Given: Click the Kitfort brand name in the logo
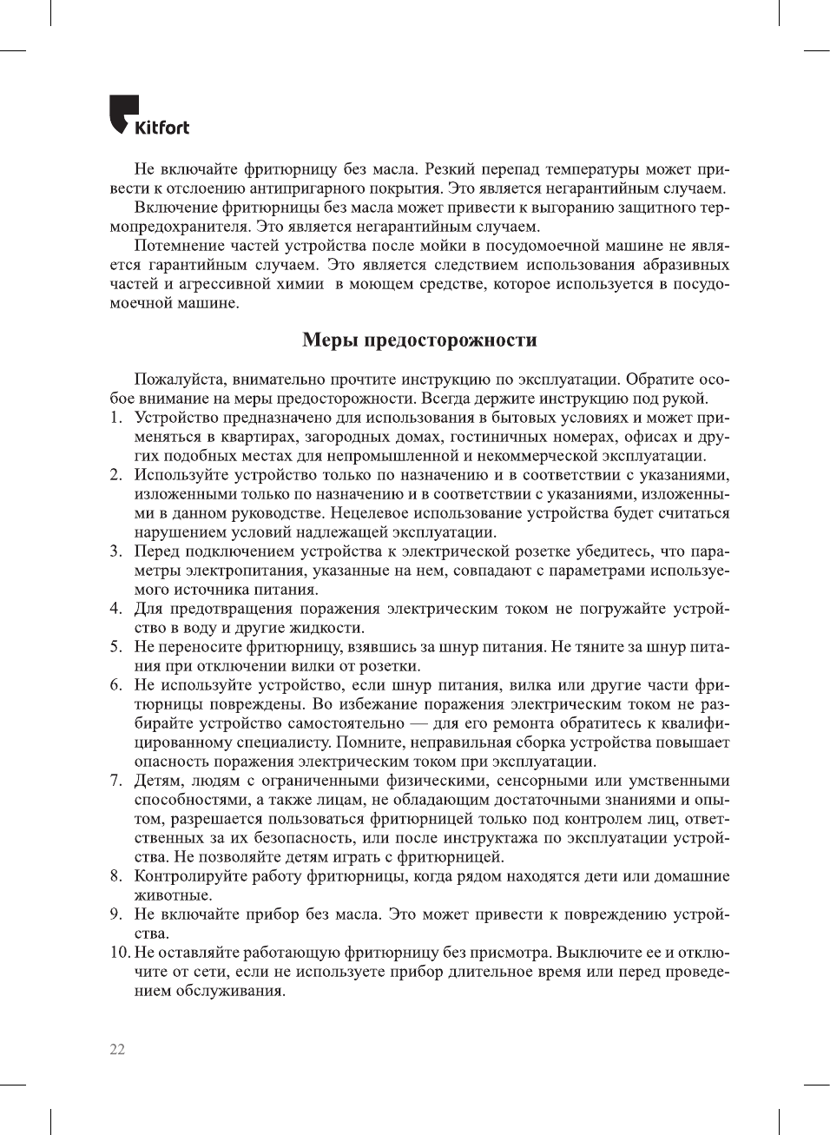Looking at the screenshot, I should [x=161, y=128].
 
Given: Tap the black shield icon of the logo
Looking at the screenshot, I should [x=122, y=113].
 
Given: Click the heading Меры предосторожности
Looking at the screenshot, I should [x=419, y=340].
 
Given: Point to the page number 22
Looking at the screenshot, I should [x=117, y=1049].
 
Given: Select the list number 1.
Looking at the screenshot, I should [x=115, y=418].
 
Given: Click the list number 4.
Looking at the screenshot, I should [x=115, y=609].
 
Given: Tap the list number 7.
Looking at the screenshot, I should [x=115, y=781].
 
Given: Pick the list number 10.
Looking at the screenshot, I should [x=119, y=953].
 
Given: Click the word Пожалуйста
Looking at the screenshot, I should [x=179, y=379].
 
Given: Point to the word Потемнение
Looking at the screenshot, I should [x=178, y=246].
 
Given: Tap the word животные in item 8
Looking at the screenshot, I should [x=172, y=895].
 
